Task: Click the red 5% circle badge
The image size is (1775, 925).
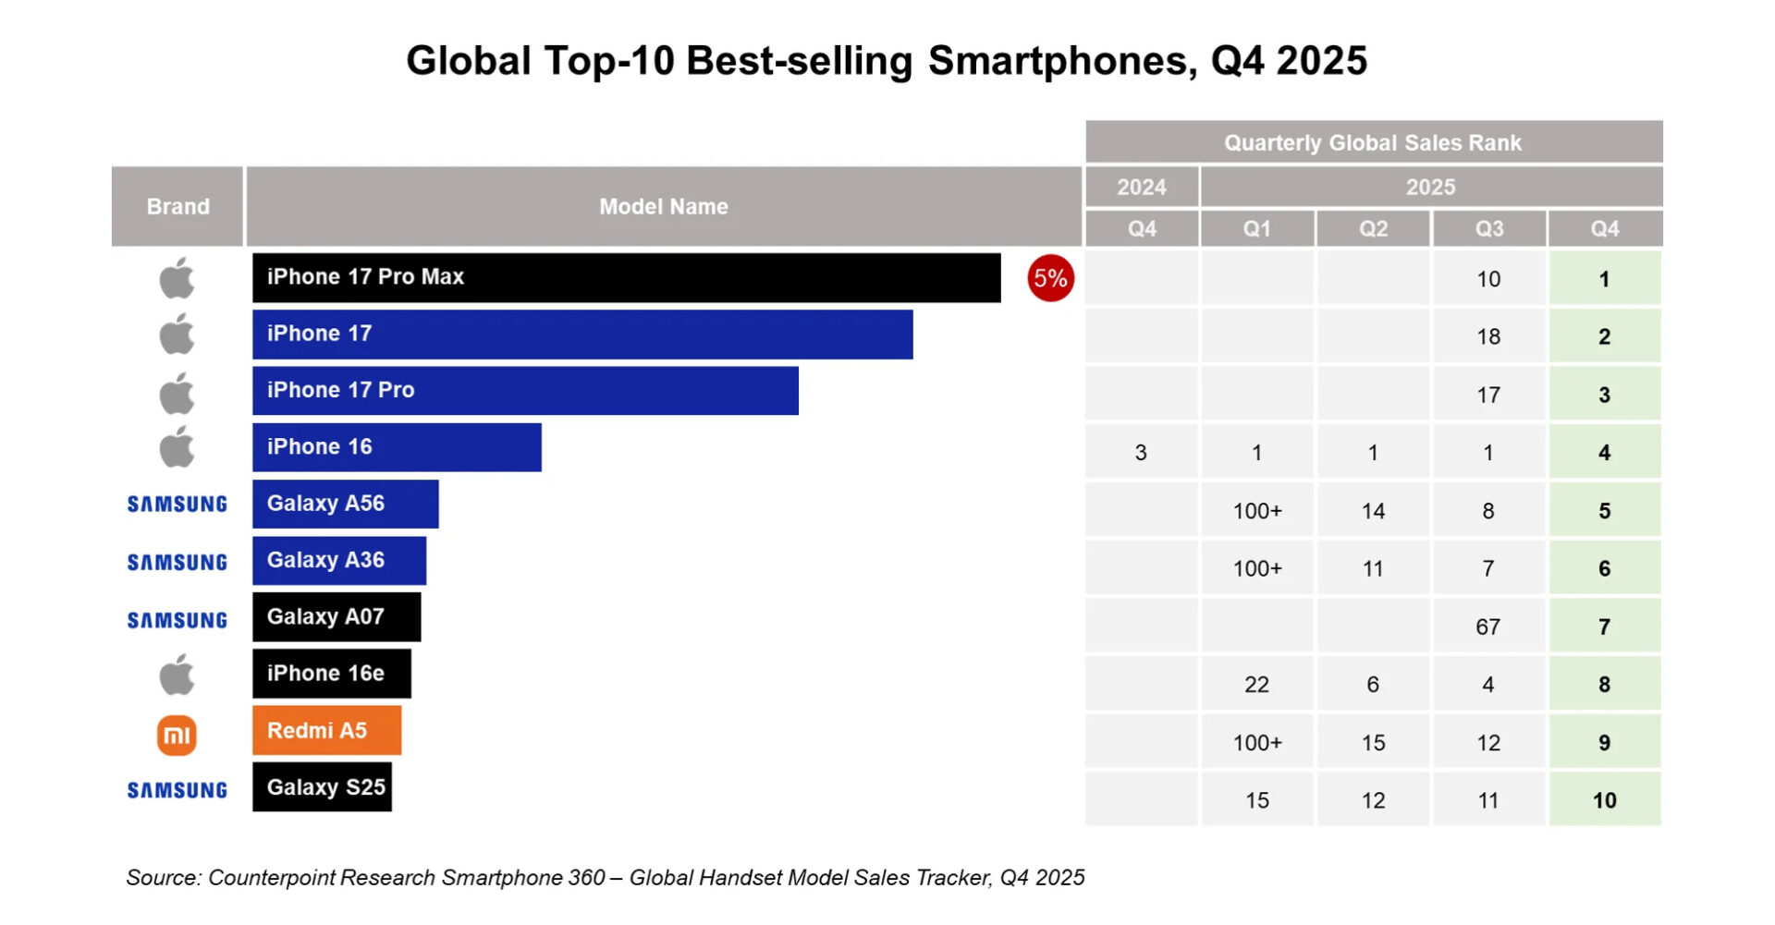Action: pos(1050,278)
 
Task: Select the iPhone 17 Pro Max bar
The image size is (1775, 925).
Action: pos(626,277)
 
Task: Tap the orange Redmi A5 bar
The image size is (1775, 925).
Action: pos(326,730)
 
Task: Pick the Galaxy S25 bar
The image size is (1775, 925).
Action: pos(322,787)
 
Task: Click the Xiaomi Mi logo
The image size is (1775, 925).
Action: pos(177,736)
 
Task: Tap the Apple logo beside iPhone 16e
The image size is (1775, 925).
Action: pos(177,675)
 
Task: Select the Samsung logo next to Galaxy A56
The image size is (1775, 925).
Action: pos(177,505)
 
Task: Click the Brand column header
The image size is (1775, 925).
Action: pos(177,206)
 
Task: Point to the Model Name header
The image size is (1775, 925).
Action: pos(663,206)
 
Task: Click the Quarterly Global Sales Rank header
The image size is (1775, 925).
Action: pos(1373,142)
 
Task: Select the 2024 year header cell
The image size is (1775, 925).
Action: pos(1142,187)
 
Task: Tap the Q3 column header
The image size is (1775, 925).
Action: pos(1488,228)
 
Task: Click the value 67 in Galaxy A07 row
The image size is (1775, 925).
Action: pos(1487,627)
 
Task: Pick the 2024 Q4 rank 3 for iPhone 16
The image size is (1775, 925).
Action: pos(1141,453)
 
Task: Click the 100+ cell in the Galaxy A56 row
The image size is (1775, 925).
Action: pos(1256,511)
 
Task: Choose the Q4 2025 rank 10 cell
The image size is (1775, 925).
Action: pos(1604,800)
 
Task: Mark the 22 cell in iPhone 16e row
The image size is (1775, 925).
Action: pos(1256,685)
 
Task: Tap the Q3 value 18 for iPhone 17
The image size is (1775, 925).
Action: pos(1487,336)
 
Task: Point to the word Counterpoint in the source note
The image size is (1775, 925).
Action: pos(271,877)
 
